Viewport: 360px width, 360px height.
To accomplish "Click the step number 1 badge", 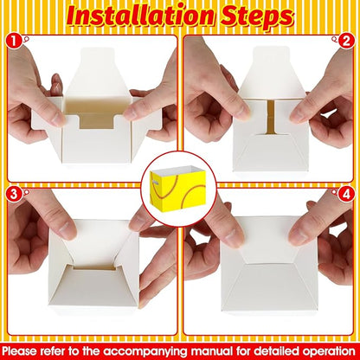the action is [14, 41].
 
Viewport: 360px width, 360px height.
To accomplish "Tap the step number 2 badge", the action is [346, 41].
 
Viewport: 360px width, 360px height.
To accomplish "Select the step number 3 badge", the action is [14, 194].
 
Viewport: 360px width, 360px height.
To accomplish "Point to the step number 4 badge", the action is [346, 194].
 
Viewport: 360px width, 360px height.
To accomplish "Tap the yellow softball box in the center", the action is [177, 189].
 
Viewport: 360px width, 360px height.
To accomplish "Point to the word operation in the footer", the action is [329, 352].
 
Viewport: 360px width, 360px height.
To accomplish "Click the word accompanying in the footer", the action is [145, 352].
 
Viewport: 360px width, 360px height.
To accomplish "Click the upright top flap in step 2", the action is [272, 72].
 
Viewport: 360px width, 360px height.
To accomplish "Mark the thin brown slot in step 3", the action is [94, 268].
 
